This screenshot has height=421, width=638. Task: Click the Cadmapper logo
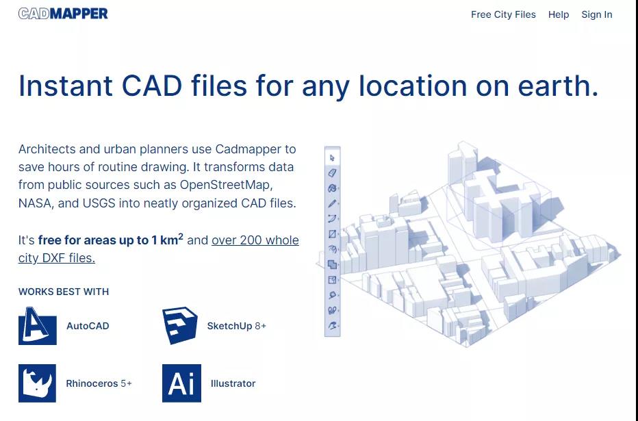(63, 14)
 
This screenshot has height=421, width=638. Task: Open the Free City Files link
(503, 14)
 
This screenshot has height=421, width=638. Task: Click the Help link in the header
(559, 14)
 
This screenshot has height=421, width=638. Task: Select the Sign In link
(596, 14)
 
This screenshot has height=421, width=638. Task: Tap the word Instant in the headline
(66, 86)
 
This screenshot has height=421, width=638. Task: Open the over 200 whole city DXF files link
(159, 249)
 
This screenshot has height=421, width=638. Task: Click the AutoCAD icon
(38, 326)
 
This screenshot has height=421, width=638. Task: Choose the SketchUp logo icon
(180, 325)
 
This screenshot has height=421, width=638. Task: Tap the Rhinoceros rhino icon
(37, 383)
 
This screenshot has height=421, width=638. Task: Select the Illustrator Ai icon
(181, 383)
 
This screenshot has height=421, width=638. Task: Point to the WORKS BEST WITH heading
(64, 292)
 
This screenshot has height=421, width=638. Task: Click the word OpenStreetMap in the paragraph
(225, 185)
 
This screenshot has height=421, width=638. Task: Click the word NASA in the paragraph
(35, 203)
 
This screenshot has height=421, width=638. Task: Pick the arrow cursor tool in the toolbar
(333, 158)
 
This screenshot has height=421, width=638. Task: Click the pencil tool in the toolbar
(332, 203)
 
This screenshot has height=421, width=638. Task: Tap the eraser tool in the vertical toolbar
(332, 173)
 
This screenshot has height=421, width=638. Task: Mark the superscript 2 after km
(181, 236)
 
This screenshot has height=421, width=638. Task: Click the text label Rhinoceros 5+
(99, 383)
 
